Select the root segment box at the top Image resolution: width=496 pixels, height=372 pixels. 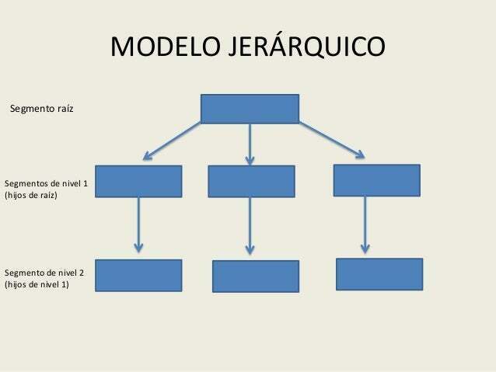click(250, 109)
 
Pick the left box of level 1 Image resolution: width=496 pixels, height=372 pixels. click(138, 181)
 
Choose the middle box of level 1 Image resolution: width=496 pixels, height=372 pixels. click(251, 181)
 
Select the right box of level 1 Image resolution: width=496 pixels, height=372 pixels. click(376, 180)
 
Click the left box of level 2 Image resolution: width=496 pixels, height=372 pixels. click(138, 275)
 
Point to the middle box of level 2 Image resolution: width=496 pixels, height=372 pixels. click(255, 276)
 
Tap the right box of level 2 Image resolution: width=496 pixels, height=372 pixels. click(379, 273)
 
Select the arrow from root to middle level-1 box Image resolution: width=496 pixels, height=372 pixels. click(250, 144)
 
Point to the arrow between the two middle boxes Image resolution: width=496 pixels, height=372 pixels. click(250, 225)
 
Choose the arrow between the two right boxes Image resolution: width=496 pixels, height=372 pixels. click(364, 224)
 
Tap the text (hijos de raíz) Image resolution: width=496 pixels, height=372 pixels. click(32, 195)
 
